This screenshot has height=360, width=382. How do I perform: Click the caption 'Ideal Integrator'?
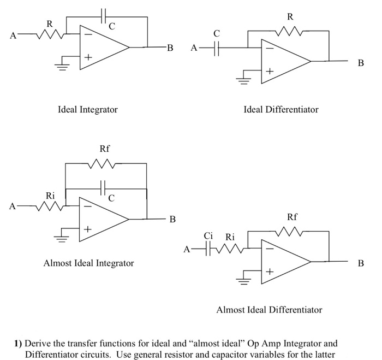tap(87, 110)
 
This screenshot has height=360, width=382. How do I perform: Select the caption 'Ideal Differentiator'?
tap(280, 110)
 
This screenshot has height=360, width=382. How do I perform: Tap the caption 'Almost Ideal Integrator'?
tap(88, 263)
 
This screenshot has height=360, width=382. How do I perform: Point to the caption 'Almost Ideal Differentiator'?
tap(269, 310)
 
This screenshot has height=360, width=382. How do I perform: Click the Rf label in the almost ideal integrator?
tap(105, 149)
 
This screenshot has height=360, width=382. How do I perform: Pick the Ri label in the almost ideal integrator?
tap(50, 196)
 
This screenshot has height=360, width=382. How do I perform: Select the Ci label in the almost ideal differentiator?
tap(208, 236)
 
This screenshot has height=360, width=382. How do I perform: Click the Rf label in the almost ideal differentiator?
tap(292, 217)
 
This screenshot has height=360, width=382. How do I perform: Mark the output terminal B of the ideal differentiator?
tap(360, 63)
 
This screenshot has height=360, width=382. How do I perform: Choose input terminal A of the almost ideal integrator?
tap(11, 207)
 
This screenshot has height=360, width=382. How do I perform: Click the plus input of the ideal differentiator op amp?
tap(269, 72)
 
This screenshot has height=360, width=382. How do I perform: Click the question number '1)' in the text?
tap(18, 344)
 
